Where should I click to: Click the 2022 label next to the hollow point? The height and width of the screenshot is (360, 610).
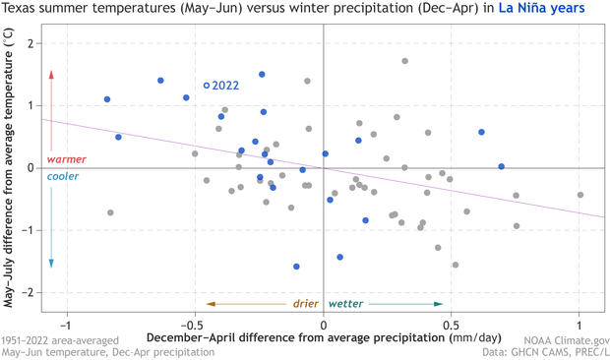click(226, 86)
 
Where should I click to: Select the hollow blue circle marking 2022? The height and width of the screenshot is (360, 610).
click(207, 86)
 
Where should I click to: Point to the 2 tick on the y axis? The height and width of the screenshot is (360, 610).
click(32, 43)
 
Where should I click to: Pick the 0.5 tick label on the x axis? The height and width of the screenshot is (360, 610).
click(452, 325)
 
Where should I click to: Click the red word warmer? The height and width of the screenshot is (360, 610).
click(66, 159)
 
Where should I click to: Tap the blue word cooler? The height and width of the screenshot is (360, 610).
click(64, 177)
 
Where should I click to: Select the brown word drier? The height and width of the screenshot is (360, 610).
click(305, 304)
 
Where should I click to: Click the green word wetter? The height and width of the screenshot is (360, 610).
click(345, 304)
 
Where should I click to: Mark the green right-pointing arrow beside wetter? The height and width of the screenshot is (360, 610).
click(406, 304)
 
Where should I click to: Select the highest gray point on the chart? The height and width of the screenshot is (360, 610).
click(404, 61)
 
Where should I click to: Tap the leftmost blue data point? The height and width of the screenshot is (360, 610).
click(107, 99)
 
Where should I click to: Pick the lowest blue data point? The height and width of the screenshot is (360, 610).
click(296, 267)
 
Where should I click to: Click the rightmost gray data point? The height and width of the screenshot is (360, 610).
click(580, 195)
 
